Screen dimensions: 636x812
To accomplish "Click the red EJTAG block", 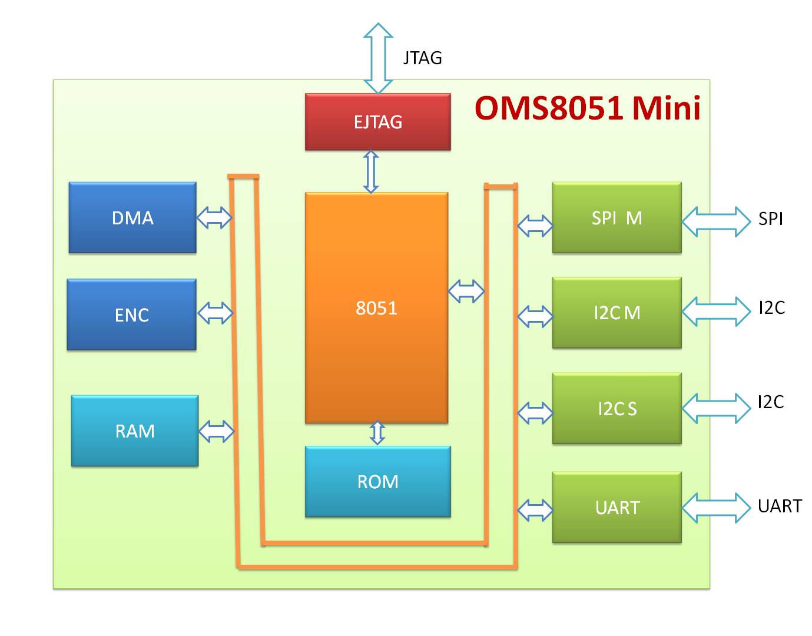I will pyautogui.click(x=377, y=122).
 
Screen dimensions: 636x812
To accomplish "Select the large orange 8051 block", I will pyautogui.click(x=376, y=307).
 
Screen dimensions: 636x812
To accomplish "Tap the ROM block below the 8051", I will pyautogui.click(x=377, y=482).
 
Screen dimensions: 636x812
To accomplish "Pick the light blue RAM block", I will pyautogui.click(x=135, y=431).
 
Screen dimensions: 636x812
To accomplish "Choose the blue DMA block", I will pyautogui.click(x=132, y=218).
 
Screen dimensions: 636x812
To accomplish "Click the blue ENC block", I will pyautogui.click(x=132, y=315).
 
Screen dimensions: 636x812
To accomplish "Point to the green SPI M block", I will pyautogui.click(x=617, y=218).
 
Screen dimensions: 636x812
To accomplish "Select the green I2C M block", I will pyautogui.click(x=617, y=313).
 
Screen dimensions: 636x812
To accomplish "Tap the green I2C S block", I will pyautogui.click(x=617, y=409).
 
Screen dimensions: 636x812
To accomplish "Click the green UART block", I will pyautogui.click(x=617, y=508).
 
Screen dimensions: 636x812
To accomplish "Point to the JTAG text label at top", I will pyautogui.click(x=422, y=58).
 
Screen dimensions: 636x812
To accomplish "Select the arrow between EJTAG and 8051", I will pyautogui.click(x=371, y=171).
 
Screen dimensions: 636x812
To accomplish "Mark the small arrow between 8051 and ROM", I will pyautogui.click(x=377, y=433).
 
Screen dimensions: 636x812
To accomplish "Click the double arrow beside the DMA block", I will pyautogui.click(x=214, y=218).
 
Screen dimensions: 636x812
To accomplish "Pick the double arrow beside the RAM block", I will pyautogui.click(x=217, y=432).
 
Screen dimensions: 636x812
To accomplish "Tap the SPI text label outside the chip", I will pyautogui.click(x=770, y=219).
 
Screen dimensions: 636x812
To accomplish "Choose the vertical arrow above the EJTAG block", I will pyautogui.click(x=378, y=58).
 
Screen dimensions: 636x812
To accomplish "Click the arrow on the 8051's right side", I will pyautogui.click(x=466, y=291).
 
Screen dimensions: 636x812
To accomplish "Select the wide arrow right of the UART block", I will pyautogui.click(x=717, y=508).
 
